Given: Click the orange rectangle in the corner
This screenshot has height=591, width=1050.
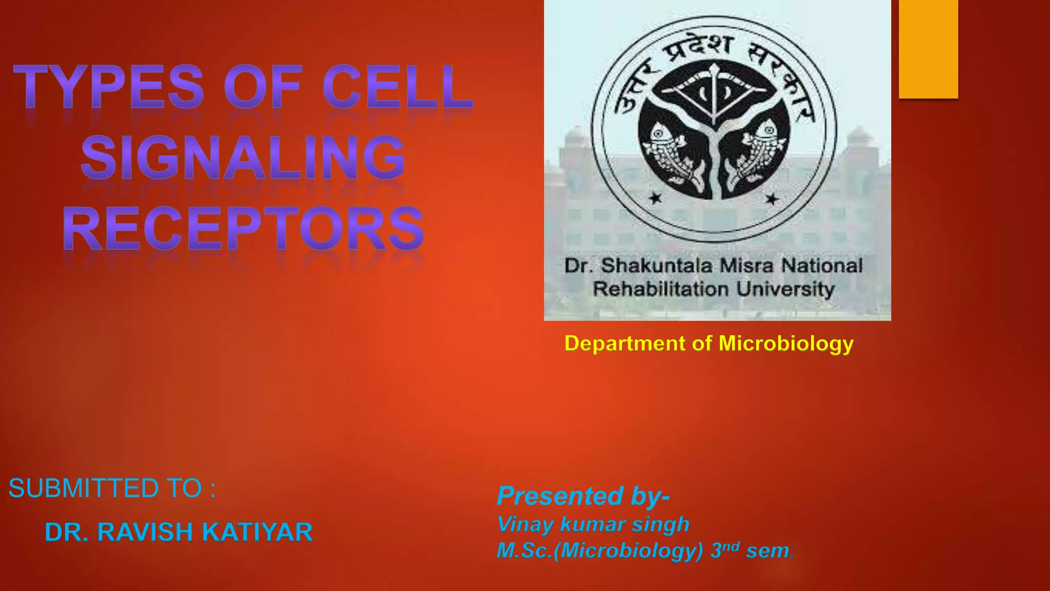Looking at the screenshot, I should click(928, 49).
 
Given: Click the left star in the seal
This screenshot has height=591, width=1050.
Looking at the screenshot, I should click(656, 198).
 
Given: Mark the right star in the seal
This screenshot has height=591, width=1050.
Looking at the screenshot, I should click(772, 199).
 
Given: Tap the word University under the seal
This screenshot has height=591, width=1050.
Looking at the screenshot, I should click(785, 289).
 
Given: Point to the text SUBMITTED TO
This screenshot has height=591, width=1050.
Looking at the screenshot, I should click(112, 488).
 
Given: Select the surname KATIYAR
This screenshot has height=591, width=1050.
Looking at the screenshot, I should click(257, 532).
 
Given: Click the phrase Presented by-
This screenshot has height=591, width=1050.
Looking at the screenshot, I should click(583, 496).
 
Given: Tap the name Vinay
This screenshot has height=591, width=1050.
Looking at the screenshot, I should click(526, 524).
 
